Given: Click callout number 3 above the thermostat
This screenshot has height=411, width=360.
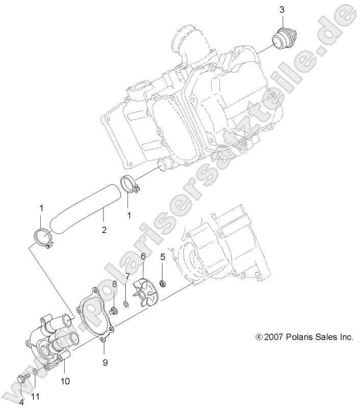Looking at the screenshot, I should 281,10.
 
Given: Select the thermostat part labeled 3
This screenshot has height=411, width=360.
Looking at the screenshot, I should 280,39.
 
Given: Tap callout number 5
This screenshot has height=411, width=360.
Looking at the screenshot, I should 163,256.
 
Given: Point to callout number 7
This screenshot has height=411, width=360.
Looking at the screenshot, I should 128,276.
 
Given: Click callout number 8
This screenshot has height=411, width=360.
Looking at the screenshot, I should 115,284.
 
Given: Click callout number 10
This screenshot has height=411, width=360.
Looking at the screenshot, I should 66,381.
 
